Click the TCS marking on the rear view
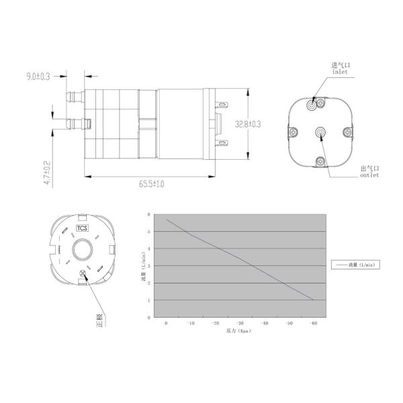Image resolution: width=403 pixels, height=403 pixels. (82, 228)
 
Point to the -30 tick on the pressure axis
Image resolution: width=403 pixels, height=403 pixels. (240, 324)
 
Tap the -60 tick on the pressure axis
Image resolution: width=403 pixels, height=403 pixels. (313, 324)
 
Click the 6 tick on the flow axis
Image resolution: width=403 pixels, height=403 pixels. (148, 214)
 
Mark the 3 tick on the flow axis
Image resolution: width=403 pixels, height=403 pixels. (148, 266)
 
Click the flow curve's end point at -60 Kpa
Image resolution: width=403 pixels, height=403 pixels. (313, 300)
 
